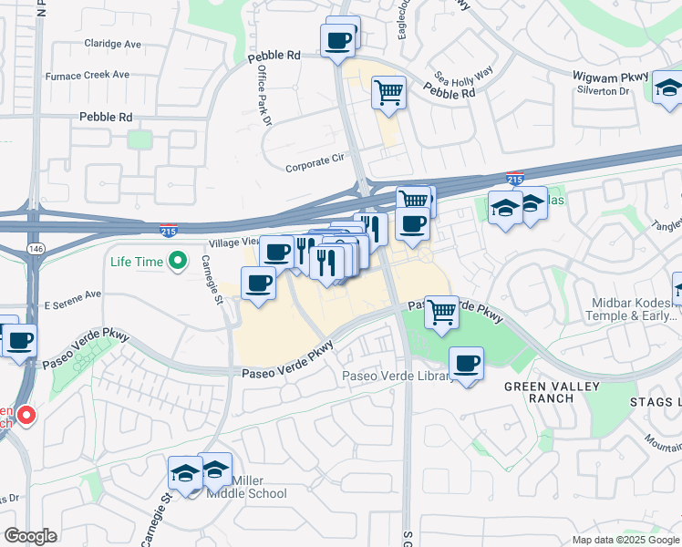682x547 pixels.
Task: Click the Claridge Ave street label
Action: point(112,44)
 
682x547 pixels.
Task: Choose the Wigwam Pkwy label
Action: point(605,77)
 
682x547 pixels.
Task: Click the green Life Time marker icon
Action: point(178,262)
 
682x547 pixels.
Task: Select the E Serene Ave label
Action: point(72,295)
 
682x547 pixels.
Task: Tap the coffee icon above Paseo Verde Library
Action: point(467,364)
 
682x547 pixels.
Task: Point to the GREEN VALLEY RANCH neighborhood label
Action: point(553,393)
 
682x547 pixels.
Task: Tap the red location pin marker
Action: point(26,416)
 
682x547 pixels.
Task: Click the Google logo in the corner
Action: point(30,535)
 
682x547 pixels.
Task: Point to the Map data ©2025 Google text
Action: point(625,540)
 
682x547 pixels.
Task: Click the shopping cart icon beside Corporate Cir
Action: point(388,91)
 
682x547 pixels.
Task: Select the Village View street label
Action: point(234,243)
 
